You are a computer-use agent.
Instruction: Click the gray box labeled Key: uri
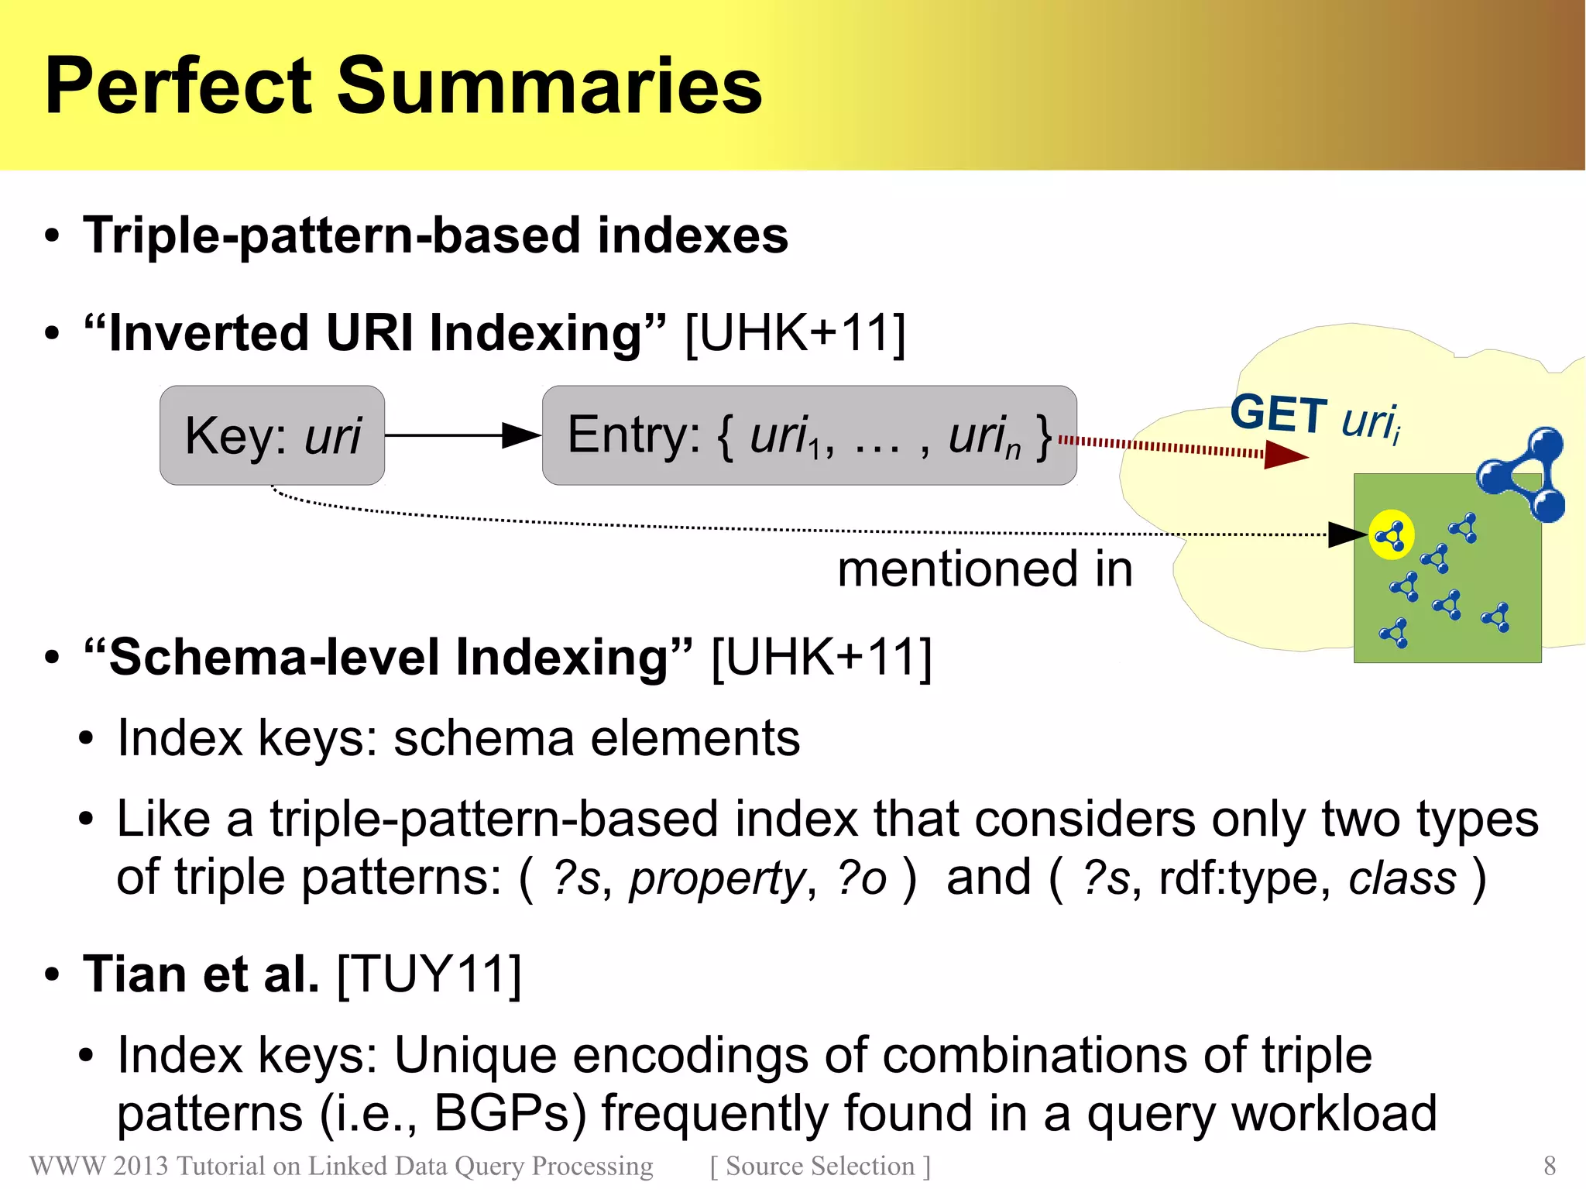272,435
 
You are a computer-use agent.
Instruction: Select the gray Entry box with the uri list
809,435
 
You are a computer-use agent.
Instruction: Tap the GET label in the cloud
1279,414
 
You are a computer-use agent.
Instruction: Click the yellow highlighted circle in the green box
1391,534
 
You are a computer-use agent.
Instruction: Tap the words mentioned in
985,569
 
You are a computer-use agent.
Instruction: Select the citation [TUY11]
429,974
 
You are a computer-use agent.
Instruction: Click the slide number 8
1549,1165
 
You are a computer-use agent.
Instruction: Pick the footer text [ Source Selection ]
820,1166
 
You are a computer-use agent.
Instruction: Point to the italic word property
717,879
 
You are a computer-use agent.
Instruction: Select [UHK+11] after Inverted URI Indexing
795,334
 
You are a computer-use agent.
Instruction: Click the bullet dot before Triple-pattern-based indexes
52,236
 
